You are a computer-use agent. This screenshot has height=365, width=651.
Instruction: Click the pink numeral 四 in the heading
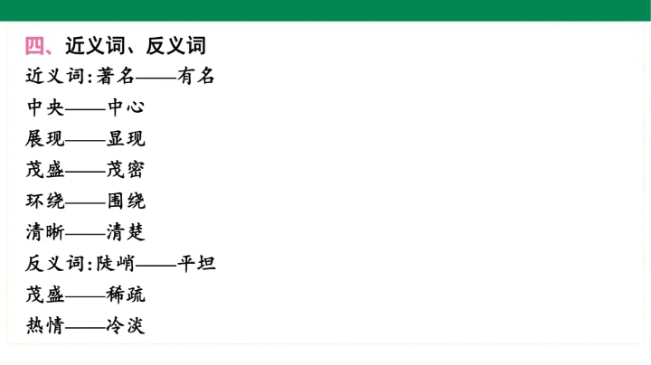click(34, 45)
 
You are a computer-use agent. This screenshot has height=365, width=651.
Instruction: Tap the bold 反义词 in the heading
click(176, 45)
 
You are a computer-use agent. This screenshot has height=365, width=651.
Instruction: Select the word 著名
click(116, 76)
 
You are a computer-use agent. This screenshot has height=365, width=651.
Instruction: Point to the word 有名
click(196, 76)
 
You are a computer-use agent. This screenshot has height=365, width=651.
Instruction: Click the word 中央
click(45, 108)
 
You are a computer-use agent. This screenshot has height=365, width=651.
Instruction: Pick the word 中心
click(126, 108)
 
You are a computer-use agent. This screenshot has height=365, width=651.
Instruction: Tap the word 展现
click(45, 138)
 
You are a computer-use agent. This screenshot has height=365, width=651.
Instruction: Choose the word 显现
click(126, 138)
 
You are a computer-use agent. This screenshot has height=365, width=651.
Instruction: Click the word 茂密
click(126, 170)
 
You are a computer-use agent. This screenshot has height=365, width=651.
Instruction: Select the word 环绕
click(45, 201)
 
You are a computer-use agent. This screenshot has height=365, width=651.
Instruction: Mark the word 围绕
click(127, 201)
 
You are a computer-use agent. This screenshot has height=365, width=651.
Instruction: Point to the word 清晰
click(45, 232)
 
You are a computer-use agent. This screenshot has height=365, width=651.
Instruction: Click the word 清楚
click(126, 232)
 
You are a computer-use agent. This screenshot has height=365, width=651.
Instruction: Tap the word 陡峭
click(116, 264)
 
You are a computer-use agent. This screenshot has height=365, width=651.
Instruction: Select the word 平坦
click(196, 264)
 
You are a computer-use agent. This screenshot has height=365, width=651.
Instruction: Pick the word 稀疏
click(126, 295)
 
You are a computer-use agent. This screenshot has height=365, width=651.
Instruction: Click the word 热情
click(45, 325)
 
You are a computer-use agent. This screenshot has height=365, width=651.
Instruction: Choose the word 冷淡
click(126, 325)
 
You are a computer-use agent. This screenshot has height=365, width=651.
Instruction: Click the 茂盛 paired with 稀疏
click(45, 295)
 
